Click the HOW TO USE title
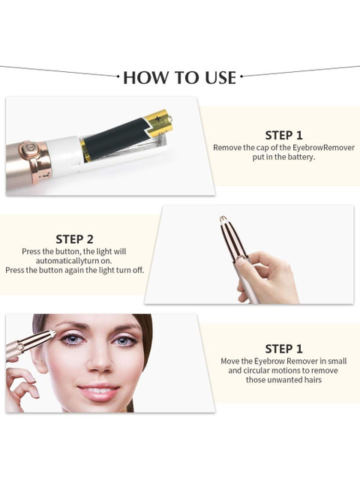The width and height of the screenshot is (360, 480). click(180, 77)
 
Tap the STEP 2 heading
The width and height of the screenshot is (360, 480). click(74, 239)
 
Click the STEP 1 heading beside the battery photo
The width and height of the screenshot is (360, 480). click(283, 135)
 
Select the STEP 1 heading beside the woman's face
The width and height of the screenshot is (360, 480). click(283, 349)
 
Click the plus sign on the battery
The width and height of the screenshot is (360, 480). click(157, 118)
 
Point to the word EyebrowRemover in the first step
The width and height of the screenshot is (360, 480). click(323, 148)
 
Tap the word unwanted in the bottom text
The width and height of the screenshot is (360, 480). click(283, 380)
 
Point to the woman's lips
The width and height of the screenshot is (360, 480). click(98, 391)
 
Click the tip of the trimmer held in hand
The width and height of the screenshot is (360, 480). click(223, 218)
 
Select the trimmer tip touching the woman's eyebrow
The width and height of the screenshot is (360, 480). click(53, 333)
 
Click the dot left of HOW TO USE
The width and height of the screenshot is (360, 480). click(118, 76)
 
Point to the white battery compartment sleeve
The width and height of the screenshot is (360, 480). click(64, 153)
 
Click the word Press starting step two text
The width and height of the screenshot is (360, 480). click(30, 251)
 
